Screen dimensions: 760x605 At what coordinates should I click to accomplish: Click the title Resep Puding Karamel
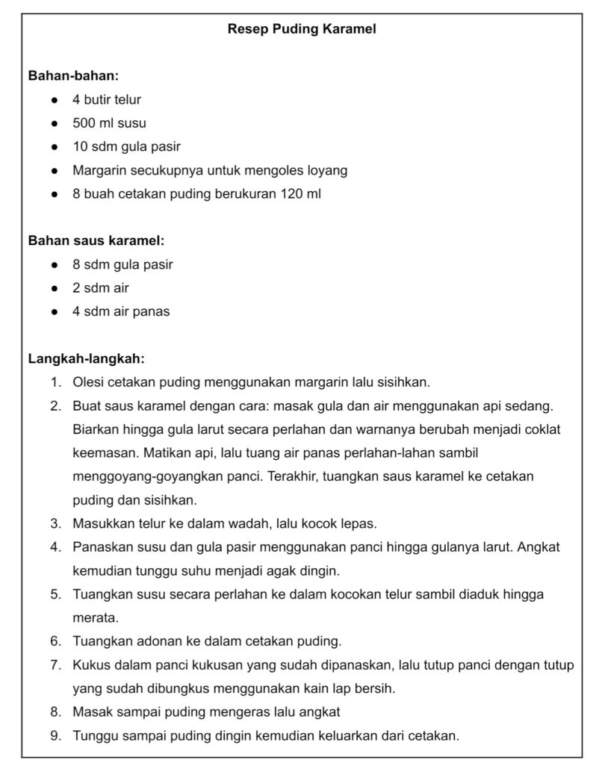(x=302, y=31)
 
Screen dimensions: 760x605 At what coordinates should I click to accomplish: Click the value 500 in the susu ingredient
(x=84, y=123)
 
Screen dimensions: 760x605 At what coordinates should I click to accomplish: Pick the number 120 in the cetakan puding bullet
(x=291, y=194)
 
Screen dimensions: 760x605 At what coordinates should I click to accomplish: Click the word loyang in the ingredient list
(x=327, y=170)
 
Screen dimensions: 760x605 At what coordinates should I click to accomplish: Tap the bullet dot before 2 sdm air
(x=55, y=288)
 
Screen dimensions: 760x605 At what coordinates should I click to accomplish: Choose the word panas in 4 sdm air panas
(x=152, y=311)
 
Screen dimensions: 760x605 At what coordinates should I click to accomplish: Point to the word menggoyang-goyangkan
(x=145, y=476)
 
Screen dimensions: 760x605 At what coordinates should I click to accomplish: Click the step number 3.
(x=55, y=523)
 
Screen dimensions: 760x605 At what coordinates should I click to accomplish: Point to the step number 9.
(x=55, y=735)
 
